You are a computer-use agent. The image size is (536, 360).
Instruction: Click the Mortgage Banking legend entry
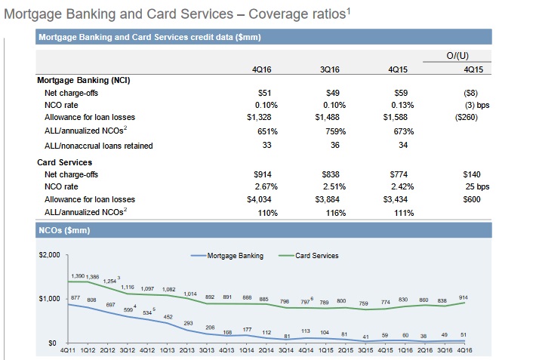click(235, 256)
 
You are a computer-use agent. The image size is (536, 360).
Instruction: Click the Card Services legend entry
click(317, 256)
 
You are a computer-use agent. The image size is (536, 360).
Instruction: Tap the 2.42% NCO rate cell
click(398, 186)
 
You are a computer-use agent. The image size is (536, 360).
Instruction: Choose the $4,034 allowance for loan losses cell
click(258, 199)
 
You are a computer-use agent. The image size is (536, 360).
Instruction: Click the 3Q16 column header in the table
click(329, 69)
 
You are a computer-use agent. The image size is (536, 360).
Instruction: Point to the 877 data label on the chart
click(75, 299)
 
